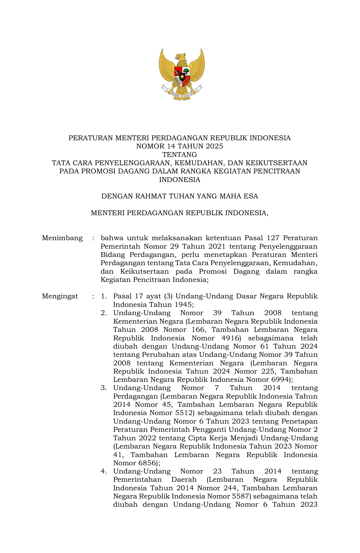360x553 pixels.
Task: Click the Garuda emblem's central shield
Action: [x=182, y=76]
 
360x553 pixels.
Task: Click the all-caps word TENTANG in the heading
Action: [x=180, y=155]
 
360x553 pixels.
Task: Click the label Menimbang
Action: [x=62, y=238]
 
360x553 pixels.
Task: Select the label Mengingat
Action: [x=60, y=296]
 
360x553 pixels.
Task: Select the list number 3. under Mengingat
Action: [x=104, y=388]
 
